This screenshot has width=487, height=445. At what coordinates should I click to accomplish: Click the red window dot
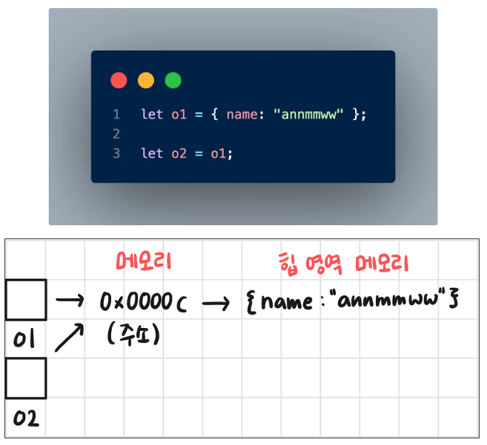click(119, 81)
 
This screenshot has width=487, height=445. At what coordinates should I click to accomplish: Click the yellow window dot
click(146, 81)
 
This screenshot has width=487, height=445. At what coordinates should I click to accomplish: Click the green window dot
click(173, 81)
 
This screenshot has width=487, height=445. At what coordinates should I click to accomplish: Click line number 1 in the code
click(116, 115)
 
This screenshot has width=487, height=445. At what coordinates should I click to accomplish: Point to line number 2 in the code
click(116, 134)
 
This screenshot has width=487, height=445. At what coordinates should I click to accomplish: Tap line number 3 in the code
click(116, 153)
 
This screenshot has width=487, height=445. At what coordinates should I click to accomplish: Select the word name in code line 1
click(242, 115)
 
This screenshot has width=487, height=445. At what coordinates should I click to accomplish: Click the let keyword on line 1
click(151, 115)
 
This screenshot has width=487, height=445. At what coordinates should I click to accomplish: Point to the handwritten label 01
click(25, 341)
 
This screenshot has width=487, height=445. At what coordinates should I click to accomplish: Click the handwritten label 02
click(25, 420)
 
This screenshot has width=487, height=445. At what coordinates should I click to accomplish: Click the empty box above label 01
click(25, 299)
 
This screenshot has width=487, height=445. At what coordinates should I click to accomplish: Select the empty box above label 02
click(25, 378)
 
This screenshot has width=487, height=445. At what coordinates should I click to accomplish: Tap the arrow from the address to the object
click(216, 302)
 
